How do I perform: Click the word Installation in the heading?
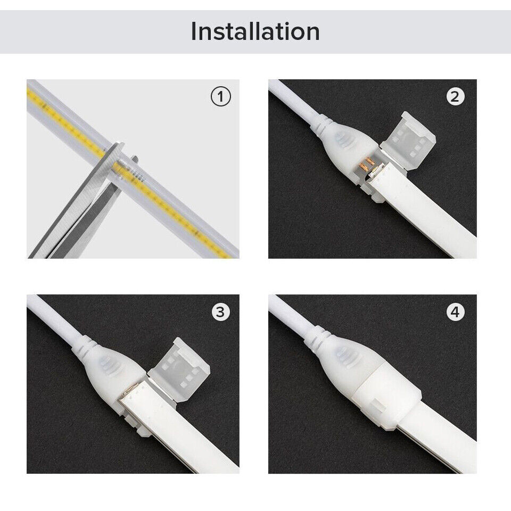(x=256, y=31)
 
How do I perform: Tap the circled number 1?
(x=221, y=97)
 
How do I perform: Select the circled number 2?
(x=455, y=97)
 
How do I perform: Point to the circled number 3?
(x=221, y=312)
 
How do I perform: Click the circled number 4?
(x=455, y=312)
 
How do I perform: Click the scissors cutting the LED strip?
(x=80, y=213)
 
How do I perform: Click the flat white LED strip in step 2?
(x=426, y=213)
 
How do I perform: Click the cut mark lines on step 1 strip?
(x=136, y=175)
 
